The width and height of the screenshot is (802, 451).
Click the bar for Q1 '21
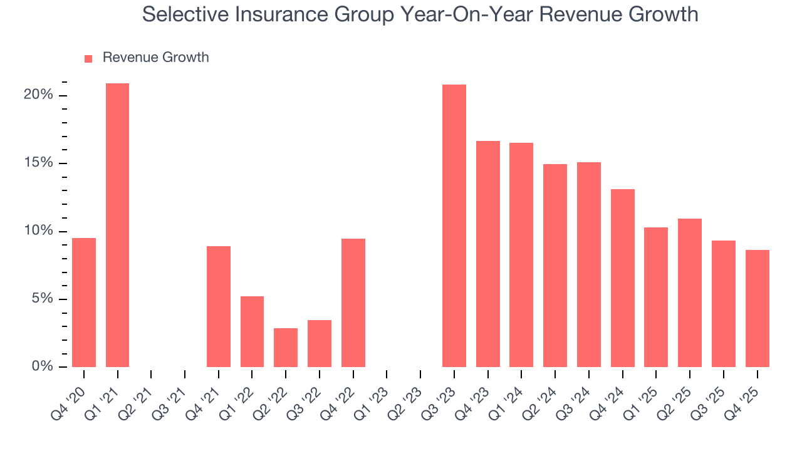pyautogui.click(x=117, y=225)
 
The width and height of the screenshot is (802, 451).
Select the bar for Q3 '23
pyautogui.click(x=454, y=225)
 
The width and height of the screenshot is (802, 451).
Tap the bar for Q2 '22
pyautogui.click(x=286, y=348)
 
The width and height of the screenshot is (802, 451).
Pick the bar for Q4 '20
pyautogui.click(x=84, y=303)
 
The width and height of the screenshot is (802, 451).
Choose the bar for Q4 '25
pyautogui.click(x=757, y=308)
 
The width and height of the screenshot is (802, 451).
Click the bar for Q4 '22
pyautogui.click(x=353, y=303)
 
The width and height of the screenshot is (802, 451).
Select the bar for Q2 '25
pyautogui.click(x=690, y=293)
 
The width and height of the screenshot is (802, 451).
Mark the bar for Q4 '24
pyautogui.click(x=622, y=278)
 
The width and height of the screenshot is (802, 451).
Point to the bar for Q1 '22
pyautogui.click(x=252, y=331)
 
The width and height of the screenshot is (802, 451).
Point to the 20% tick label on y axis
pyautogui.click(x=38, y=95)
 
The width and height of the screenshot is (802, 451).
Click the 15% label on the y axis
pyautogui.click(x=38, y=163)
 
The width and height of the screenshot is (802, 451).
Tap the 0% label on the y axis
pyautogui.click(x=42, y=366)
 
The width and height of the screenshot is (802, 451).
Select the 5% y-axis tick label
pyautogui.click(x=42, y=299)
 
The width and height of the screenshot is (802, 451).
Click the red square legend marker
pyautogui.click(x=88, y=58)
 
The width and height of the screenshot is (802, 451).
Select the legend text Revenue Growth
pyautogui.click(x=155, y=58)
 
